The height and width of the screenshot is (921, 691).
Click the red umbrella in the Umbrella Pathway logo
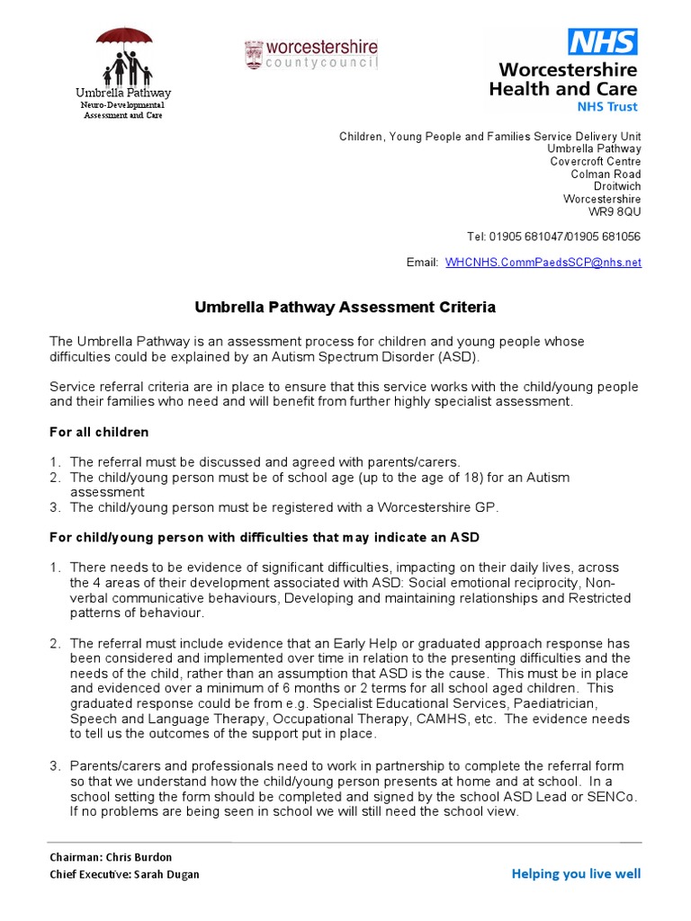123,37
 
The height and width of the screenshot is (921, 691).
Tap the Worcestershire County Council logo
311,55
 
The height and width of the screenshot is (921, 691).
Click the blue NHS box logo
602,41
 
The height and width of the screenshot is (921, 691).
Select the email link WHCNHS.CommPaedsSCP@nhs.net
543,262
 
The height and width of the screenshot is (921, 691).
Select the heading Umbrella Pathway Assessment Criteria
345,308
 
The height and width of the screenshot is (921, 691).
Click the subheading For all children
99,433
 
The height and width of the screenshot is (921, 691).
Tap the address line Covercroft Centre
596,161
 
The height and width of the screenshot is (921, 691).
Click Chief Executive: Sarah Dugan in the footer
124,874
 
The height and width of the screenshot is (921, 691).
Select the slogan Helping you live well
576,873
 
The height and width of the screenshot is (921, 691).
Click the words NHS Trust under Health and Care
606,106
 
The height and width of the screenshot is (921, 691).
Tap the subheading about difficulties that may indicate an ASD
264,537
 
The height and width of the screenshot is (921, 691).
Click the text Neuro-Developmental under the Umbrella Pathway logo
123,104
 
